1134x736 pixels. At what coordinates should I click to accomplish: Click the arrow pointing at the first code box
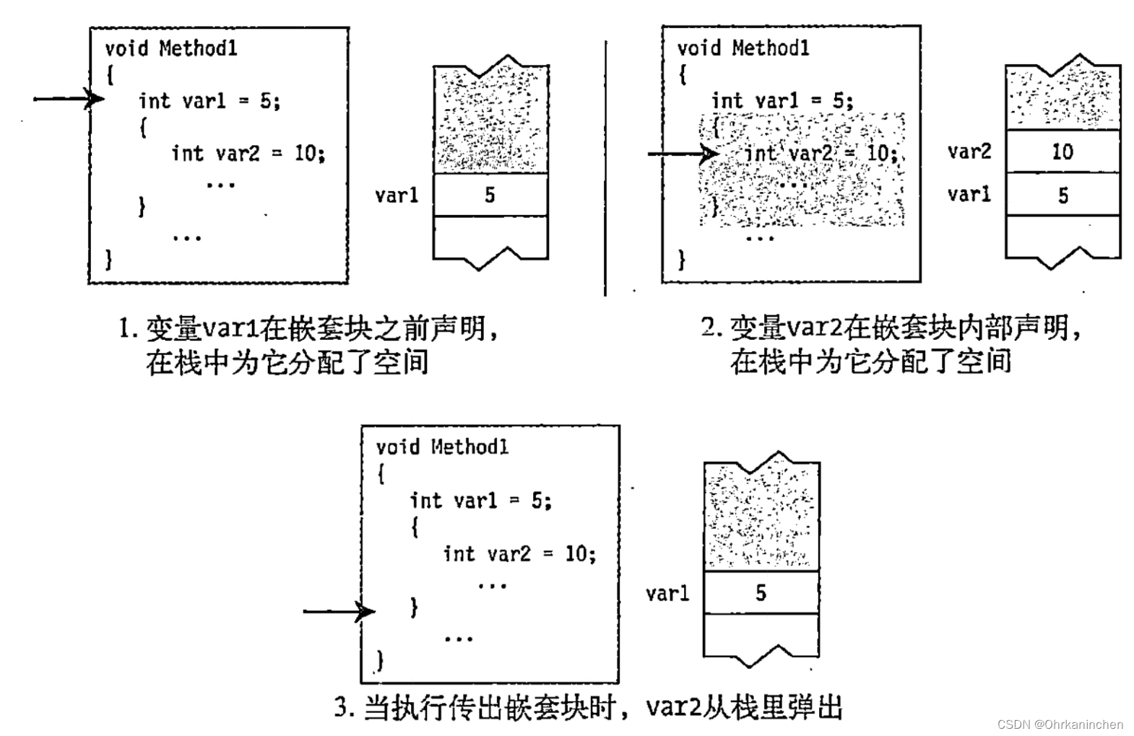(69, 98)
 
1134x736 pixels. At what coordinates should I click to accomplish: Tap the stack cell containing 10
(1062, 152)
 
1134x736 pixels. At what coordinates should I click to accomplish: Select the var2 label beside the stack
(969, 152)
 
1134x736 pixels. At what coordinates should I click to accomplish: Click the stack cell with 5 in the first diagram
(490, 195)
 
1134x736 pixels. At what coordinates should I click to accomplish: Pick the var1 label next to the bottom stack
(667, 593)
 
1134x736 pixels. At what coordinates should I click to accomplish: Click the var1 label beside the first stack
(397, 195)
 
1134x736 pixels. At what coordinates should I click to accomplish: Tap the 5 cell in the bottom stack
(761, 593)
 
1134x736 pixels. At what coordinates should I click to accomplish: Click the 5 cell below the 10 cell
(1062, 195)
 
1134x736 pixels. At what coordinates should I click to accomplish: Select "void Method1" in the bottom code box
(442, 447)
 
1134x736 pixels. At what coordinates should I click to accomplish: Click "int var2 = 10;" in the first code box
(248, 153)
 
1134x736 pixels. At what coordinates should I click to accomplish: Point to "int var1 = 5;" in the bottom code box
(480, 500)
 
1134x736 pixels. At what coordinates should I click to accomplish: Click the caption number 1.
(127, 329)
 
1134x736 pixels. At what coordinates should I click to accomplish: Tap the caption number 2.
(711, 328)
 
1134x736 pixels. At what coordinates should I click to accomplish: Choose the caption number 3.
(344, 707)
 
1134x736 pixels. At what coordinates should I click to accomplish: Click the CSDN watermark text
(1060, 724)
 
